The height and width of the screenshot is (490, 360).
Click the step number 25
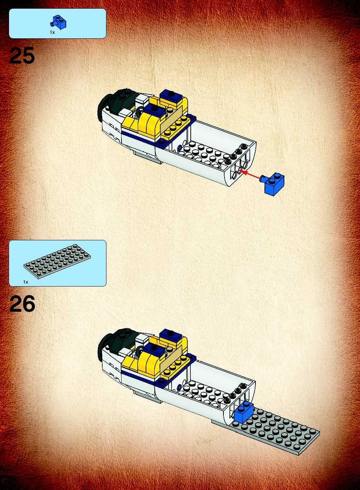[x=22, y=55]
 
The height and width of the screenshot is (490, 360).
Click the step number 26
[x=22, y=303]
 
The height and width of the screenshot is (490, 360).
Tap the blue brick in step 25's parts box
[x=59, y=22]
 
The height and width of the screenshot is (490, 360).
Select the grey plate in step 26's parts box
[x=57, y=262]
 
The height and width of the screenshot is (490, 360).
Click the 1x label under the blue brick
[x=52, y=32]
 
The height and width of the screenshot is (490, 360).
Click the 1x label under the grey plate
[x=26, y=282]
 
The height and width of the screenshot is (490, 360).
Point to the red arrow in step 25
[x=250, y=174]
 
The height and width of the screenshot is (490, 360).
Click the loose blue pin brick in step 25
[x=273, y=183]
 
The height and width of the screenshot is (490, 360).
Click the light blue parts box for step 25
[x=58, y=24]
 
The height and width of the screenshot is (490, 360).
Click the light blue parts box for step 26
[x=58, y=263]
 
